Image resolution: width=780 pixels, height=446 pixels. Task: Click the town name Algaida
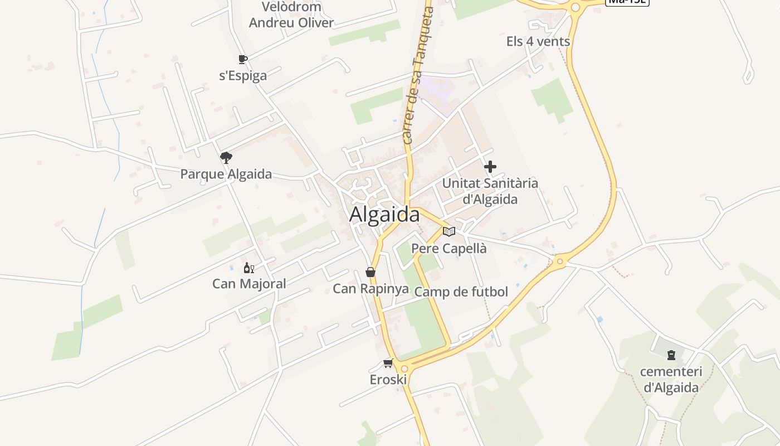[x=384, y=215]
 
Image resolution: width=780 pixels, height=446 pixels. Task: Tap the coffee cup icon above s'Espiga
[x=242, y=59]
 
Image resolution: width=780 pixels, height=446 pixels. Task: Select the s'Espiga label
[x=243, y=76]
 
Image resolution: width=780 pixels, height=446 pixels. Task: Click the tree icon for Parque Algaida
[x=226, y=158]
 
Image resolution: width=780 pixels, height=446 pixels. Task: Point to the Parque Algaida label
[x=226, y=174]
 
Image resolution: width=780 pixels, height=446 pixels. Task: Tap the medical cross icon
[x=490, y=167]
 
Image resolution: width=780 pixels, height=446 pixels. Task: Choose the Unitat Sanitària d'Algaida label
[x=490, y=191]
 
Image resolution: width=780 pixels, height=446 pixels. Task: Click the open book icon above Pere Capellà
[x=449, y=231]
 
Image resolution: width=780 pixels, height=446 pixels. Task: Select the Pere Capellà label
[x=449, y=249]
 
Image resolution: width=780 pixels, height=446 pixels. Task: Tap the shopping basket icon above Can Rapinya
[x=370, y=272]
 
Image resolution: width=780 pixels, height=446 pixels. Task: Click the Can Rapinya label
[x=370, y=289]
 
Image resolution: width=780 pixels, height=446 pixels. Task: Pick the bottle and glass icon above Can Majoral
[x=249, y=268]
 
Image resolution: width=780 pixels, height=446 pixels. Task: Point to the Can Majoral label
[x=249, y=284]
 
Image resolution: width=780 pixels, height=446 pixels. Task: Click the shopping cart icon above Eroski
[x=388, y=363]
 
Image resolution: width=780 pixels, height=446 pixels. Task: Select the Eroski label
[x=388, y=380]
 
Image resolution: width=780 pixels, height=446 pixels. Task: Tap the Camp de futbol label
[x=461, y=292]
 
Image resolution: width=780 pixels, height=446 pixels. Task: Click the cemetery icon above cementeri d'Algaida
[x=671, y=355]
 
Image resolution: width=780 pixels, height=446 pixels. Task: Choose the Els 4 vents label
[x=538, y=41]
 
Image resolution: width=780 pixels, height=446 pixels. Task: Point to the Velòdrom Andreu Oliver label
[x=291, y=15]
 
